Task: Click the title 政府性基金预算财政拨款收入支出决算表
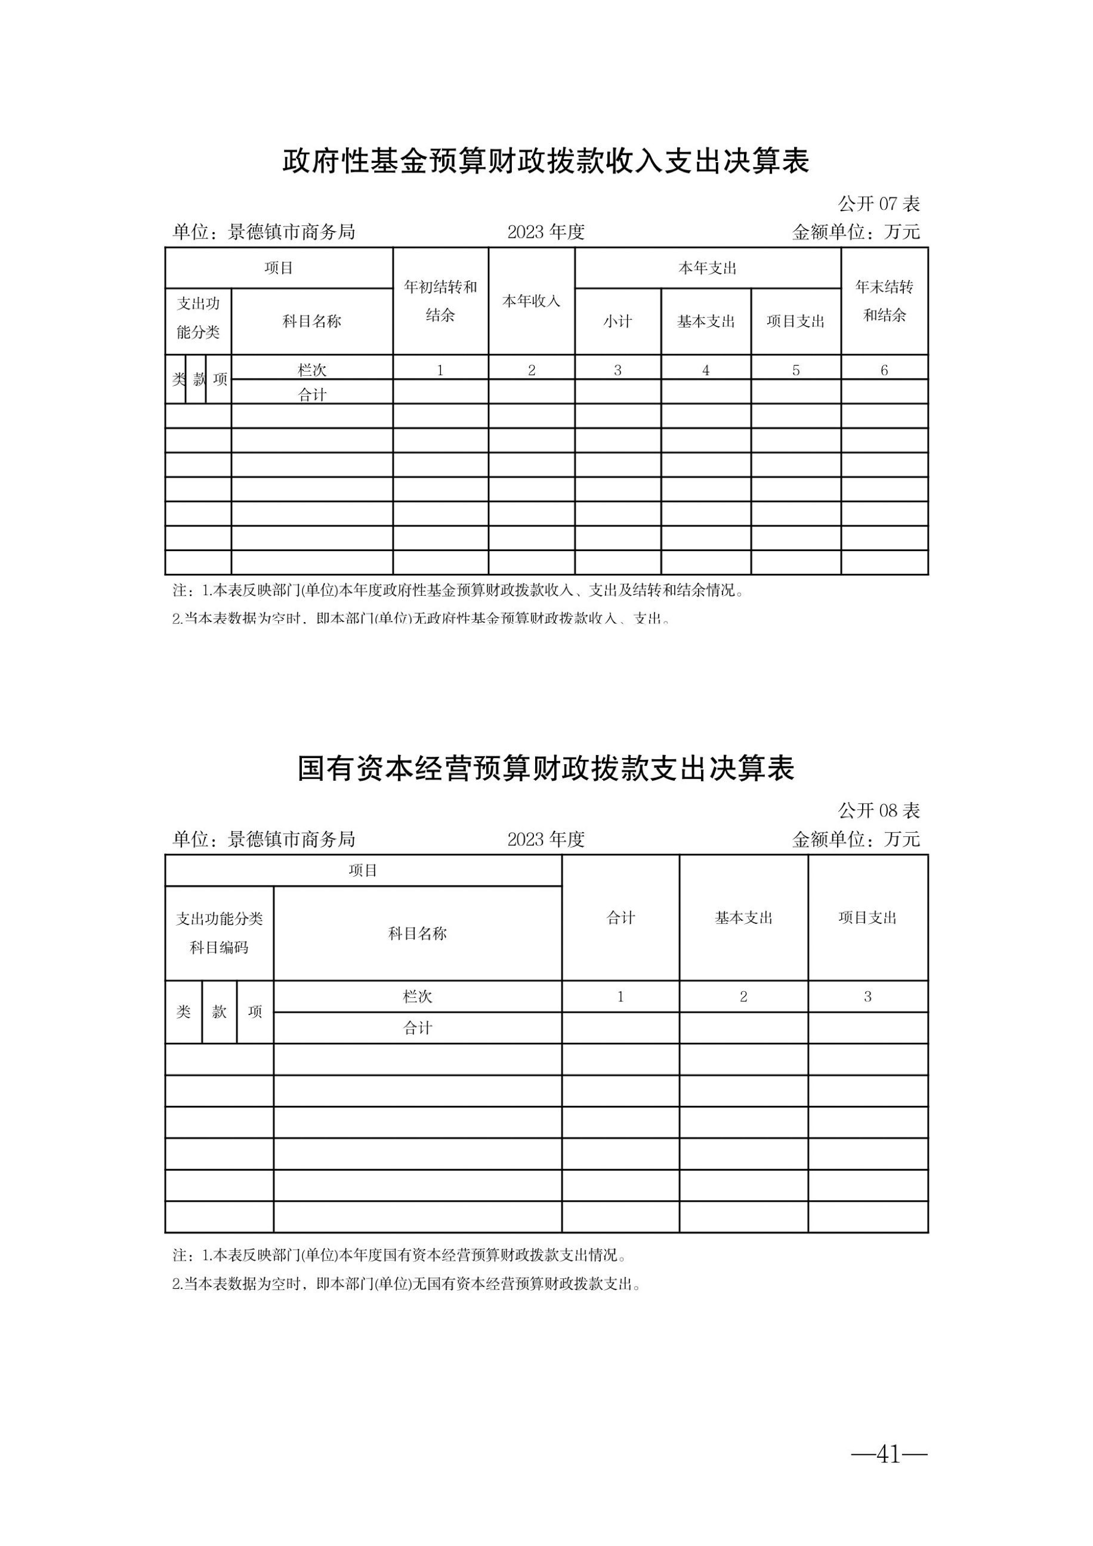(545, 162)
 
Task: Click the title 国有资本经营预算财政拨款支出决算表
(545, 769)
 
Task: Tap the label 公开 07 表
(879, 203)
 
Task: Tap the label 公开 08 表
(879, 811)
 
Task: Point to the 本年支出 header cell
(707, 268)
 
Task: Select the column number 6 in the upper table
(884, 370)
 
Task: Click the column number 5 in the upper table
(796, 370)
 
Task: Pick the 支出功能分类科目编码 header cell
(219, 933)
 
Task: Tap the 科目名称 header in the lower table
(418, 933)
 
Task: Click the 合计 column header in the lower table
(620, 918)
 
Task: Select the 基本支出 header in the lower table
(743, 918)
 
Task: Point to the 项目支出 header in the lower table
(867, 918)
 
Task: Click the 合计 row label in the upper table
(313, 395)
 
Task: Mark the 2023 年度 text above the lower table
(545, 840)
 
